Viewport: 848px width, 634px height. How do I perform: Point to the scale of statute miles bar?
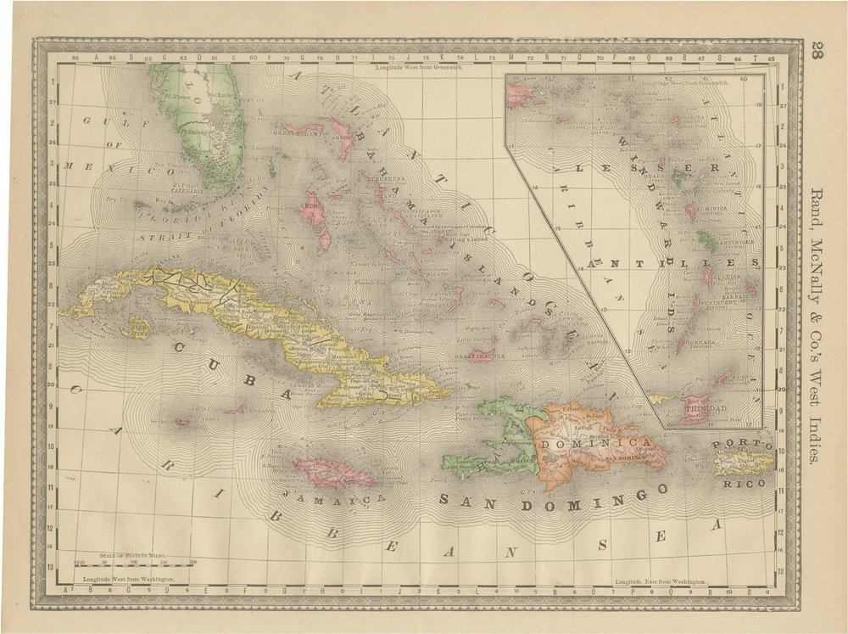pyautogui.click(x=136, y=560)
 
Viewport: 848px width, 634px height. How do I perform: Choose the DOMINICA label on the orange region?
pyautogui.click(x=594, y=444)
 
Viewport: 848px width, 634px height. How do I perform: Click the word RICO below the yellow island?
pyautogui.click(x=744, y=483)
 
